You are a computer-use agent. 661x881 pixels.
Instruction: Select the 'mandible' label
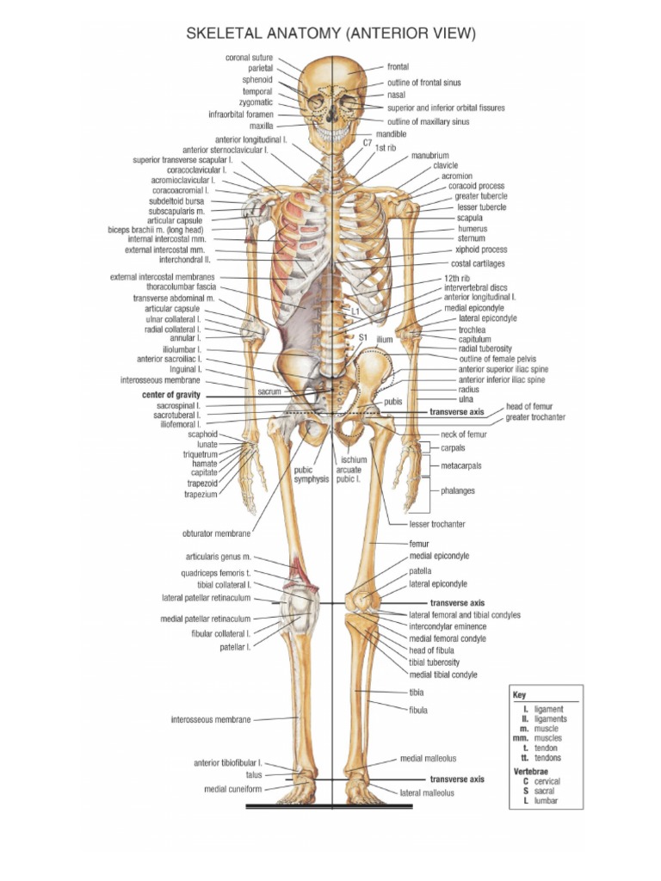(392, 135)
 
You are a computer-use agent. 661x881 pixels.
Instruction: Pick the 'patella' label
(420, 570)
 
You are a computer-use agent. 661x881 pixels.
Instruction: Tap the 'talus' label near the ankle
(254, 774)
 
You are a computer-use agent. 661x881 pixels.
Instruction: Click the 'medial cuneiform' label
(232, 788)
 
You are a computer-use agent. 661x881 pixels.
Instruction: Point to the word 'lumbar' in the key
(546, 801)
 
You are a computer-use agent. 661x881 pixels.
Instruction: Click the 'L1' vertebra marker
(355, 309)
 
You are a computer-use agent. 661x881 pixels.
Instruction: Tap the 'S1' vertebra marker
(362, 338)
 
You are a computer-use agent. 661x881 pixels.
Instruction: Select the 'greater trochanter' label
(535, 417)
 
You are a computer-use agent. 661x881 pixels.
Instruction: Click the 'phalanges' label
(458, 490)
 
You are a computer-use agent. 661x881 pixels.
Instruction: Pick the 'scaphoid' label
(201, 434)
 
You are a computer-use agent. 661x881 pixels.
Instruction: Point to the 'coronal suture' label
(249, 58)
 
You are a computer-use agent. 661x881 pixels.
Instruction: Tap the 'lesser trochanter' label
(437, 523)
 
